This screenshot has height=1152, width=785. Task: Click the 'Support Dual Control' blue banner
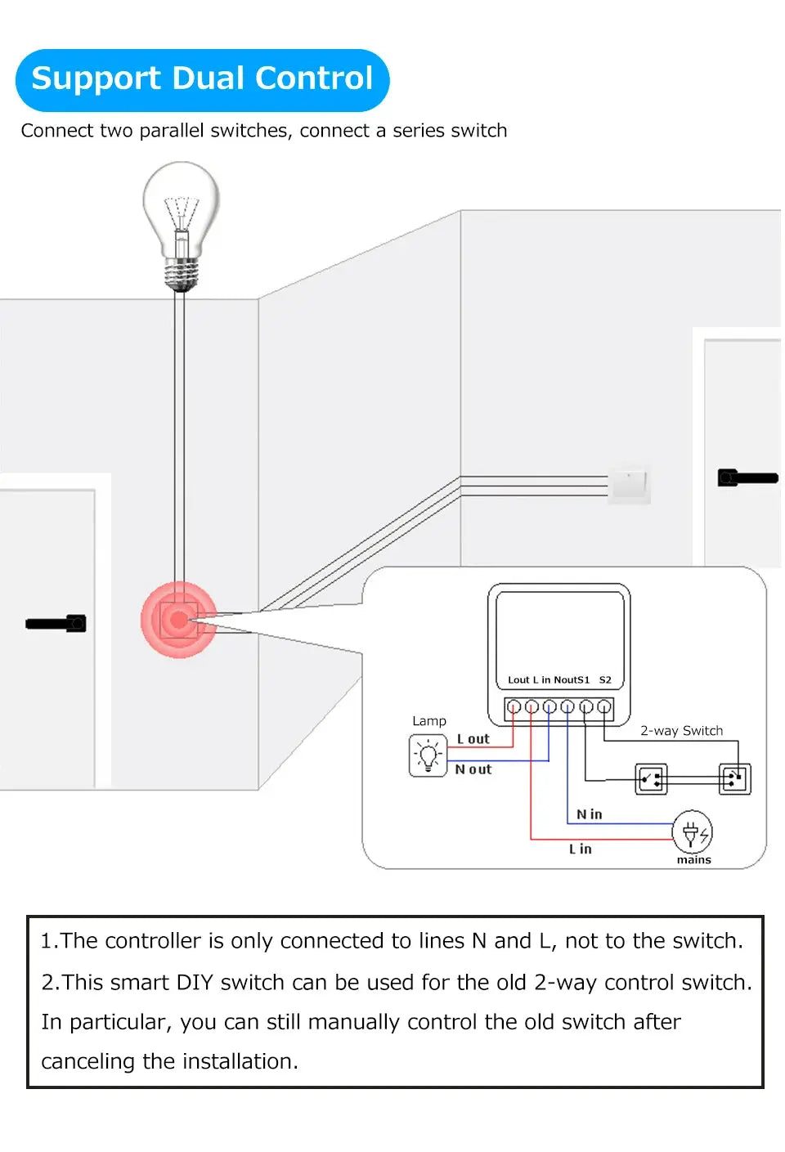(x=202, y=79)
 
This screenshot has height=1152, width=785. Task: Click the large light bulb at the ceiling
(x=182, y=221)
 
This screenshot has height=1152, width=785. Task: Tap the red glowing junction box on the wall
(x=178, y=620)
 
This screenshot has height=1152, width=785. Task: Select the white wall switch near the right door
(x=629, y=484)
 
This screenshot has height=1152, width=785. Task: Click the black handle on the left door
(x=56, y=624)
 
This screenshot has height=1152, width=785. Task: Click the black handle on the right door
(x=747, y=477)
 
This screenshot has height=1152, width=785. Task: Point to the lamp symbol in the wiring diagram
(x=428, y=755)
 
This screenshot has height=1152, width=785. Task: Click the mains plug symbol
(x=692, y=833)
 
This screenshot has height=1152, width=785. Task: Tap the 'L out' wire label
(x=473, y=739)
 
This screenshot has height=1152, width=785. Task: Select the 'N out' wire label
(x=473, y=769)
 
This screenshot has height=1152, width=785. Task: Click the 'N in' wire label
(x=589, y=814)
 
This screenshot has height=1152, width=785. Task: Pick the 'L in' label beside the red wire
(x=581, y=849)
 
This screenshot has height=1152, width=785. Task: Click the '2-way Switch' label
(x=681, y=731)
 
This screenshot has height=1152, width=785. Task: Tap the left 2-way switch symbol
(x=652, y=779)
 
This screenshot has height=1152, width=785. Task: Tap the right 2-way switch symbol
(x=734, y=779)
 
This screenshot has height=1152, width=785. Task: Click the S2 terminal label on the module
(x=605, y=680)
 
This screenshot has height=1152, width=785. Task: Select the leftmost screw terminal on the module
(x=513, y=706)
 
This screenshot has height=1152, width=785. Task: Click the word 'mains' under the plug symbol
(x=693, y=860)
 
